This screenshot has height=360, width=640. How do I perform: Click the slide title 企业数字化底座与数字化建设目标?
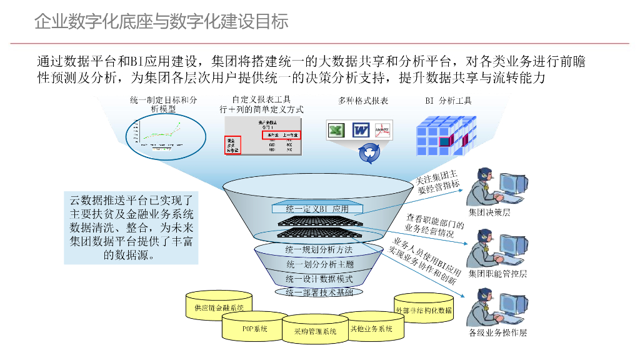(x=161, y=22)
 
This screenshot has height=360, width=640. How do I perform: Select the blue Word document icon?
(x=361, y=131)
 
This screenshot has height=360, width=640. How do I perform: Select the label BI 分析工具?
(x=448, y=101)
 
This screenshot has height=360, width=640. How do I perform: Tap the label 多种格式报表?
(x=363, y=101)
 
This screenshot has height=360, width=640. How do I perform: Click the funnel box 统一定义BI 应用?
(x=317, y=209)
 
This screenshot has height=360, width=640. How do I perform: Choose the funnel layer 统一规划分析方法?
(x=319, y=249)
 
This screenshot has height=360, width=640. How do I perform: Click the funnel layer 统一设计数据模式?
(x=319, y=279)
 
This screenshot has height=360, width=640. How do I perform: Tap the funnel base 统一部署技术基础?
(x=319, y=292)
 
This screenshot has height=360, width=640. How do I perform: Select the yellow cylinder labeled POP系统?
(x=254, y=327)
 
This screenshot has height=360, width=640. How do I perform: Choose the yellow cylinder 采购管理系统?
(x=315, y=331)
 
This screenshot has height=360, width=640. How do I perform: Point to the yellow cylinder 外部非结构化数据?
(x=423, y=309)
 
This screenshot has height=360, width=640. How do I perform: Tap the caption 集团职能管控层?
(x=497, y=273)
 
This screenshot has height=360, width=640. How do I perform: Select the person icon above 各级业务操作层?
(x=487, y=306)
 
